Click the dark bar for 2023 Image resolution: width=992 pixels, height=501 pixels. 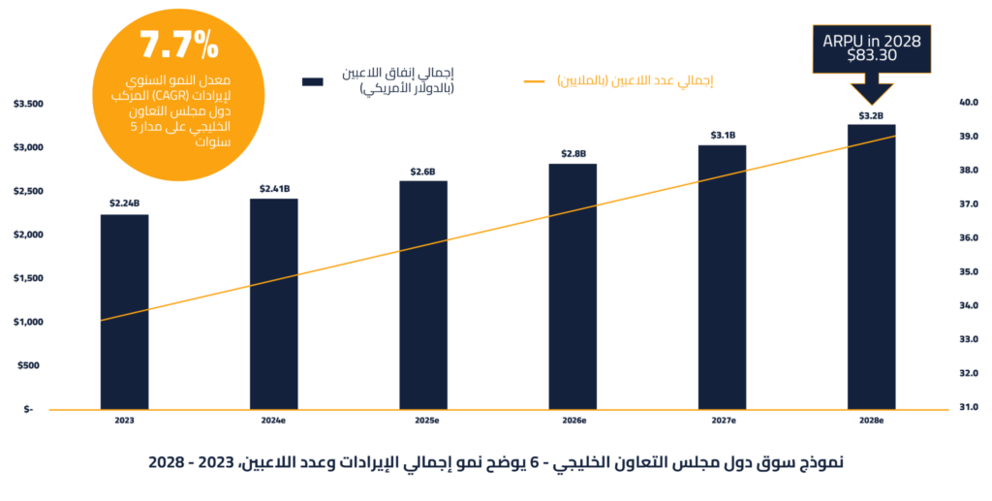coord(124,311)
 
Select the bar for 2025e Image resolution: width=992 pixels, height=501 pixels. coord(423,295)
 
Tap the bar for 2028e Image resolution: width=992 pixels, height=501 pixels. coord(871,266)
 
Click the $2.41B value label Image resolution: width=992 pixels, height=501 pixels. coord(274,188)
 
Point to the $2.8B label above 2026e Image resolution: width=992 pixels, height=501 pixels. coord(573,153)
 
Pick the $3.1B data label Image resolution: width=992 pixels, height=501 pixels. coord(723,135)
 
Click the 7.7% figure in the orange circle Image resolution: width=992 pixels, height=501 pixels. coord(180,45)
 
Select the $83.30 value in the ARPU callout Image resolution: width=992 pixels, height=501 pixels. coord(870,57)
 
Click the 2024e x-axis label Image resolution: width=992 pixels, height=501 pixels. coord(273,422)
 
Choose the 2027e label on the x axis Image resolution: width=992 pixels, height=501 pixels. coord(723,422)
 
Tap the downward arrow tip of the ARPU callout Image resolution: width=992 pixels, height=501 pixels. coord(870,103)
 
